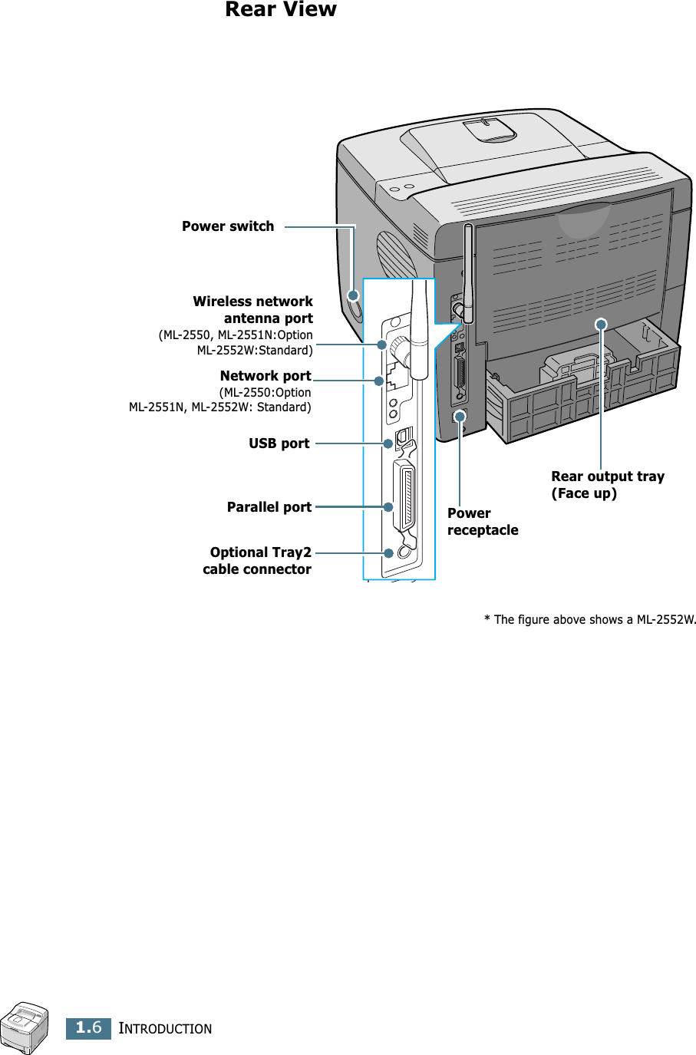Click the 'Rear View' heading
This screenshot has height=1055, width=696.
[x=280, y=10]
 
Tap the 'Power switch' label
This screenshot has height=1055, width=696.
[x=228, y=226]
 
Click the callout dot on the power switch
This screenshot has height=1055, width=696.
[x=353, y=295]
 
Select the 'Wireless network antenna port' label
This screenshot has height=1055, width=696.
[x=252, y=310]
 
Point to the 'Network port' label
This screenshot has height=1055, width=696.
[x=266, y=376]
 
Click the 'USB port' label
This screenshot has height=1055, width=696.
[x=279, y=443]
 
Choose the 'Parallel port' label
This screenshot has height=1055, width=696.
[x=269, y=507]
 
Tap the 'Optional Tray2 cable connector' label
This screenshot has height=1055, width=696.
[x=258, y=561]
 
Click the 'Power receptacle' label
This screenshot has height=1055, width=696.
[x=483, y=522]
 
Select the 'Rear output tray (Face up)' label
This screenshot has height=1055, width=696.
[x=607, y=485]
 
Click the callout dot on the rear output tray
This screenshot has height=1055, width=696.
[x=602, y=325]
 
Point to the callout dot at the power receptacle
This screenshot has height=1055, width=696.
[x=460, y=417]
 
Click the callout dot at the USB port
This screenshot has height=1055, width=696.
[x=388, y=443]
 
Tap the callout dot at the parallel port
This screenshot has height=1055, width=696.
[x=388, y=507]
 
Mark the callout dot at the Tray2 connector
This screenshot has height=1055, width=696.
[x=389, y=552]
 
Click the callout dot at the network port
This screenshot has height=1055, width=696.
[x=379, y=381]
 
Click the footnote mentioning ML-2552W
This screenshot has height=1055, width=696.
[x=589, y=620]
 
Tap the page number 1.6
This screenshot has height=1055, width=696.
[x=89, y=1027]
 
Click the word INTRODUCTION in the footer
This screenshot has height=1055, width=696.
[x=165, y=1029]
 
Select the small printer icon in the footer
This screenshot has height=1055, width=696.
[x=25, y=1027]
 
